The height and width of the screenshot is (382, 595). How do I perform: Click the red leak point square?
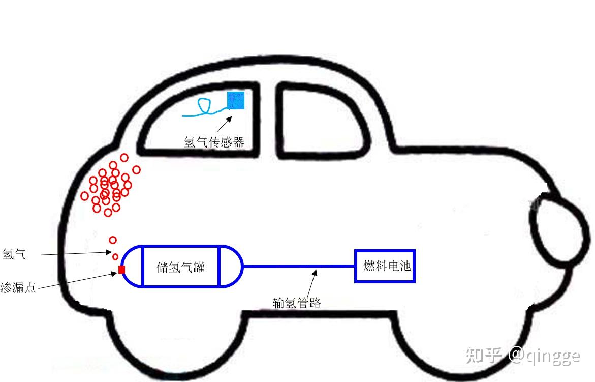click(121, 270)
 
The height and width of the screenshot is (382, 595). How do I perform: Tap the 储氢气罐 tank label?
click(181, 267)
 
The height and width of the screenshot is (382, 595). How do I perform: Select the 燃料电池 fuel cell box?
click(385, 266)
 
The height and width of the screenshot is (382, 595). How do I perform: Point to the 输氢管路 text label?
click(297, 303)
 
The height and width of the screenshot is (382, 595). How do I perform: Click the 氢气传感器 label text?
click(214, 142)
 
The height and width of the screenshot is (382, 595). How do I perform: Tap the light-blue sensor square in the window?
click(236, 101)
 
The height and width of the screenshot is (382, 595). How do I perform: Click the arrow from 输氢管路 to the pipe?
click(311, 282)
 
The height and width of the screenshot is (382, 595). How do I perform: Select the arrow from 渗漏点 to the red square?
click(76, 281)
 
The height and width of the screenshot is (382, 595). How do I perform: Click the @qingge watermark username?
click(544, 355)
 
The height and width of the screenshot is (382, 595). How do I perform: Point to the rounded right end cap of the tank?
click(232, 266)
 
